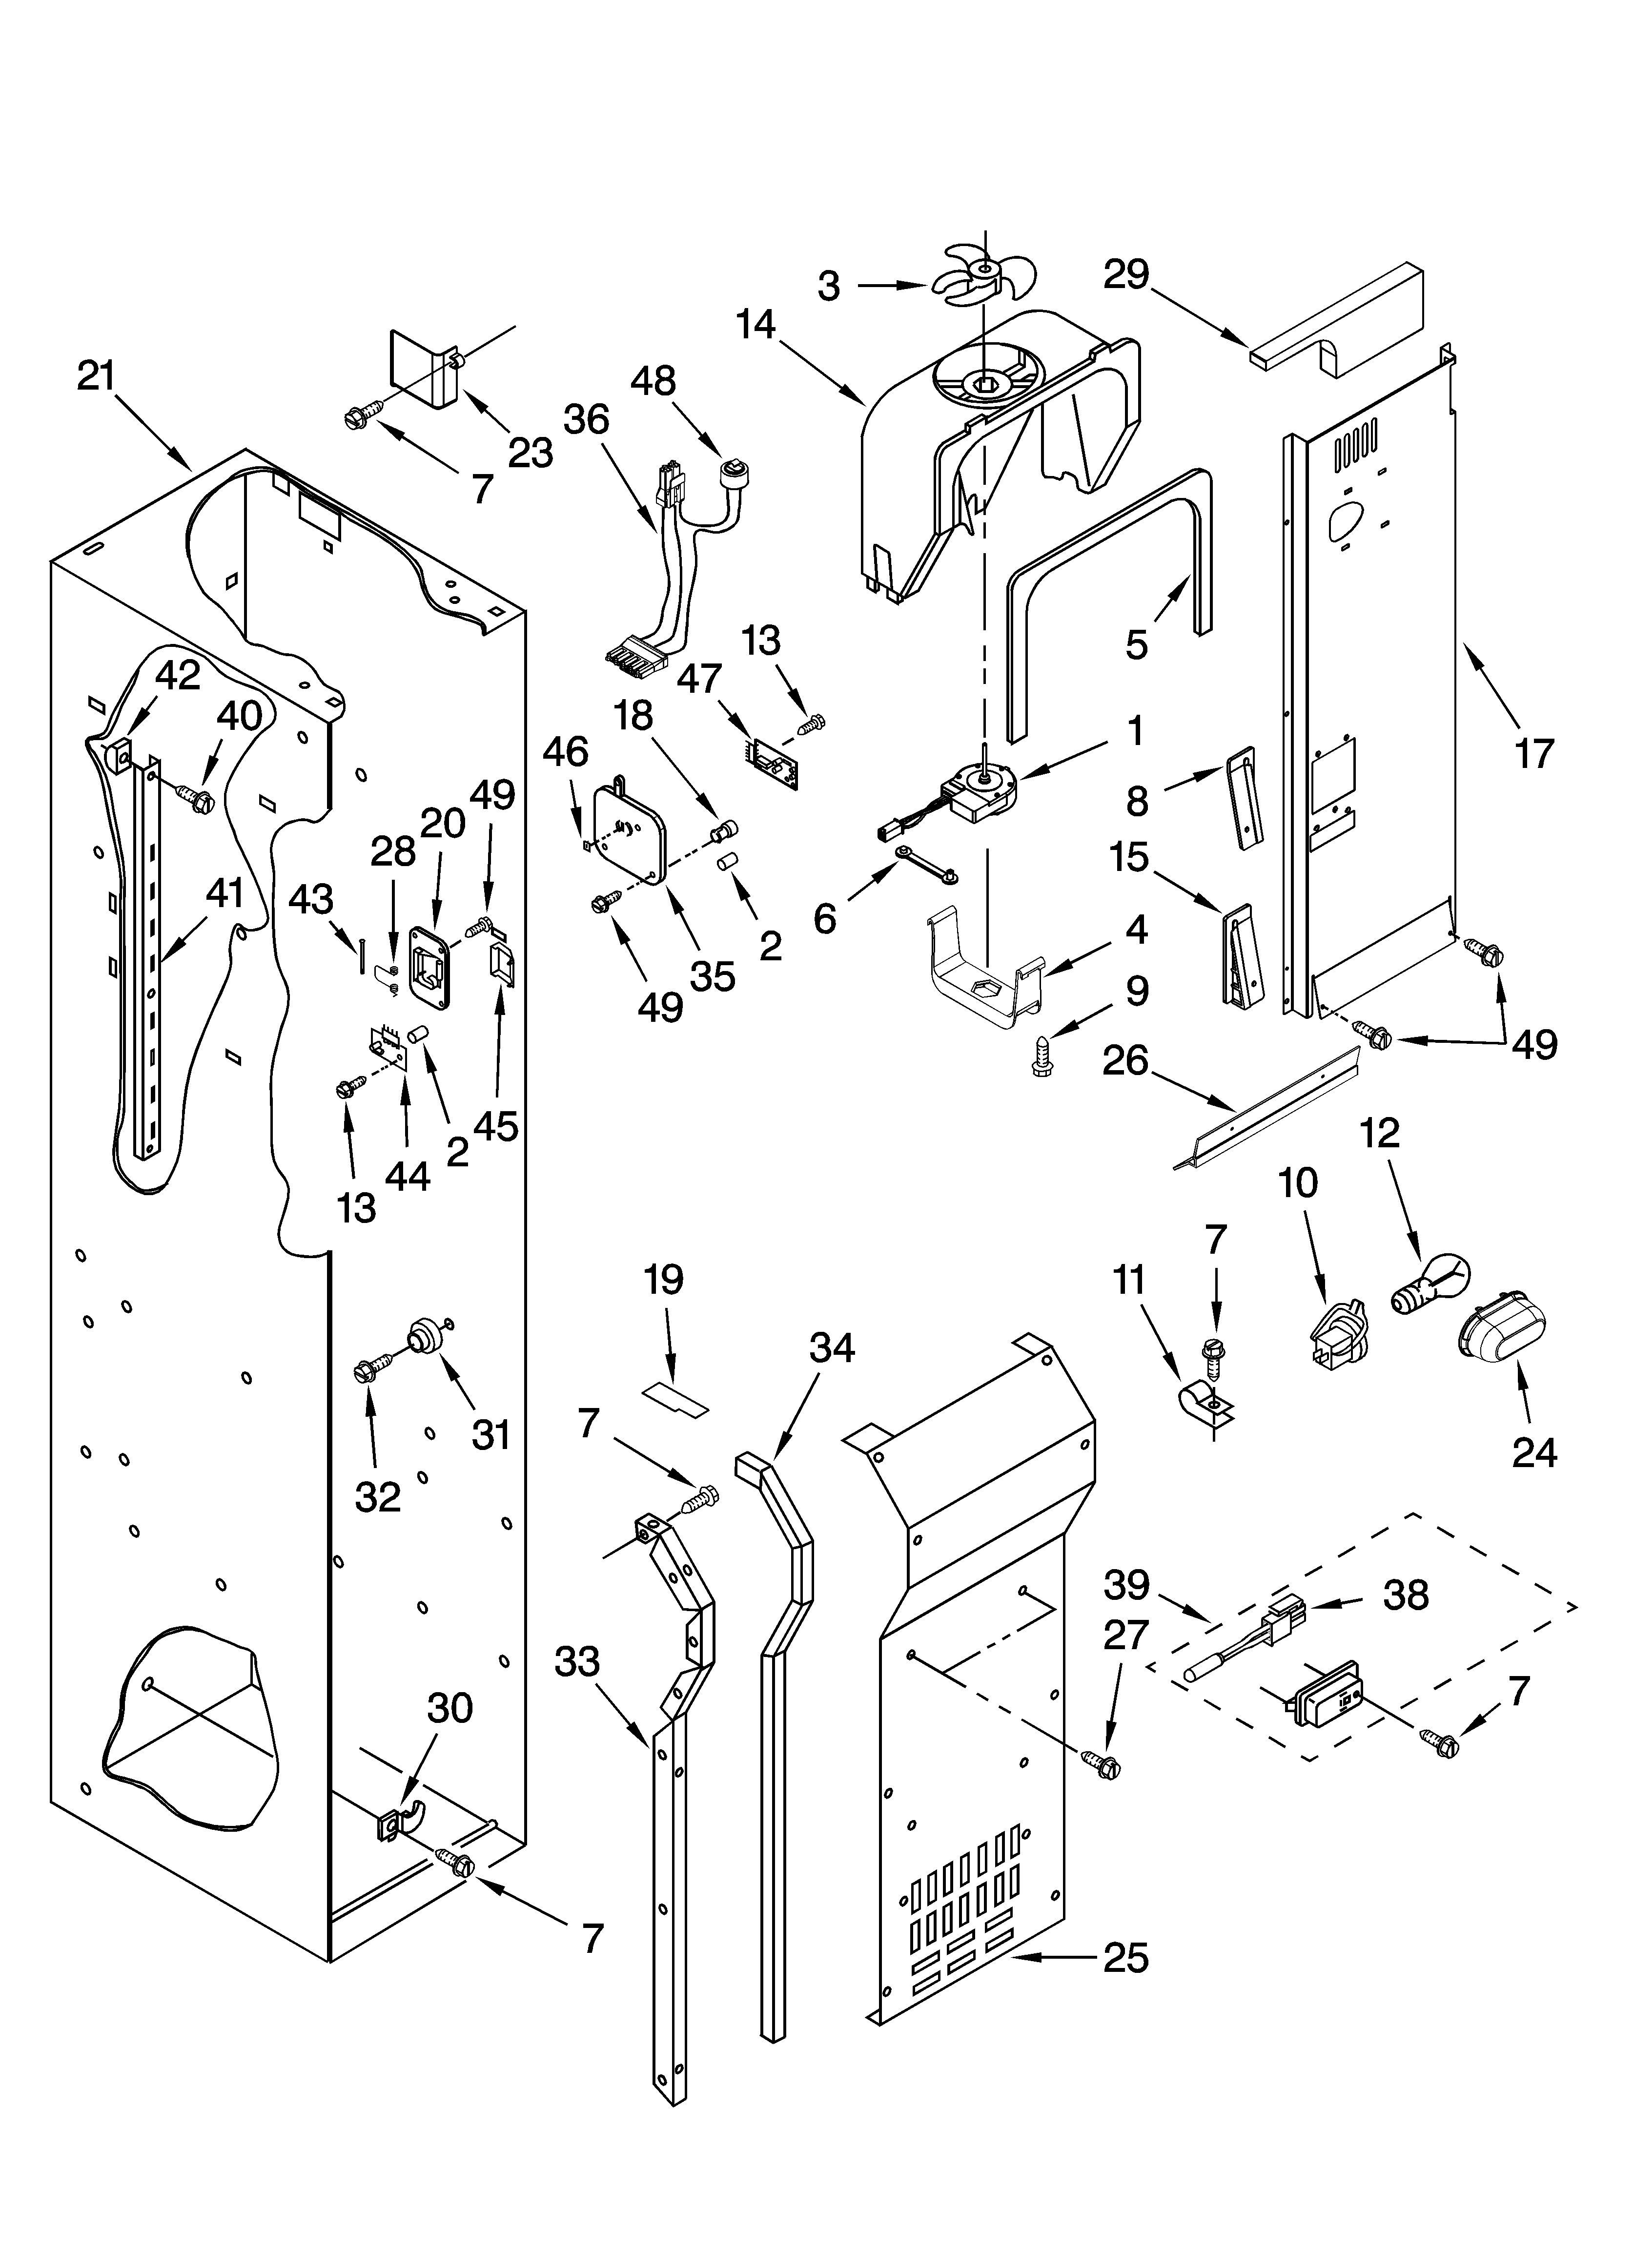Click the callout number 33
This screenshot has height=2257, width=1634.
[x=577, y=1662]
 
